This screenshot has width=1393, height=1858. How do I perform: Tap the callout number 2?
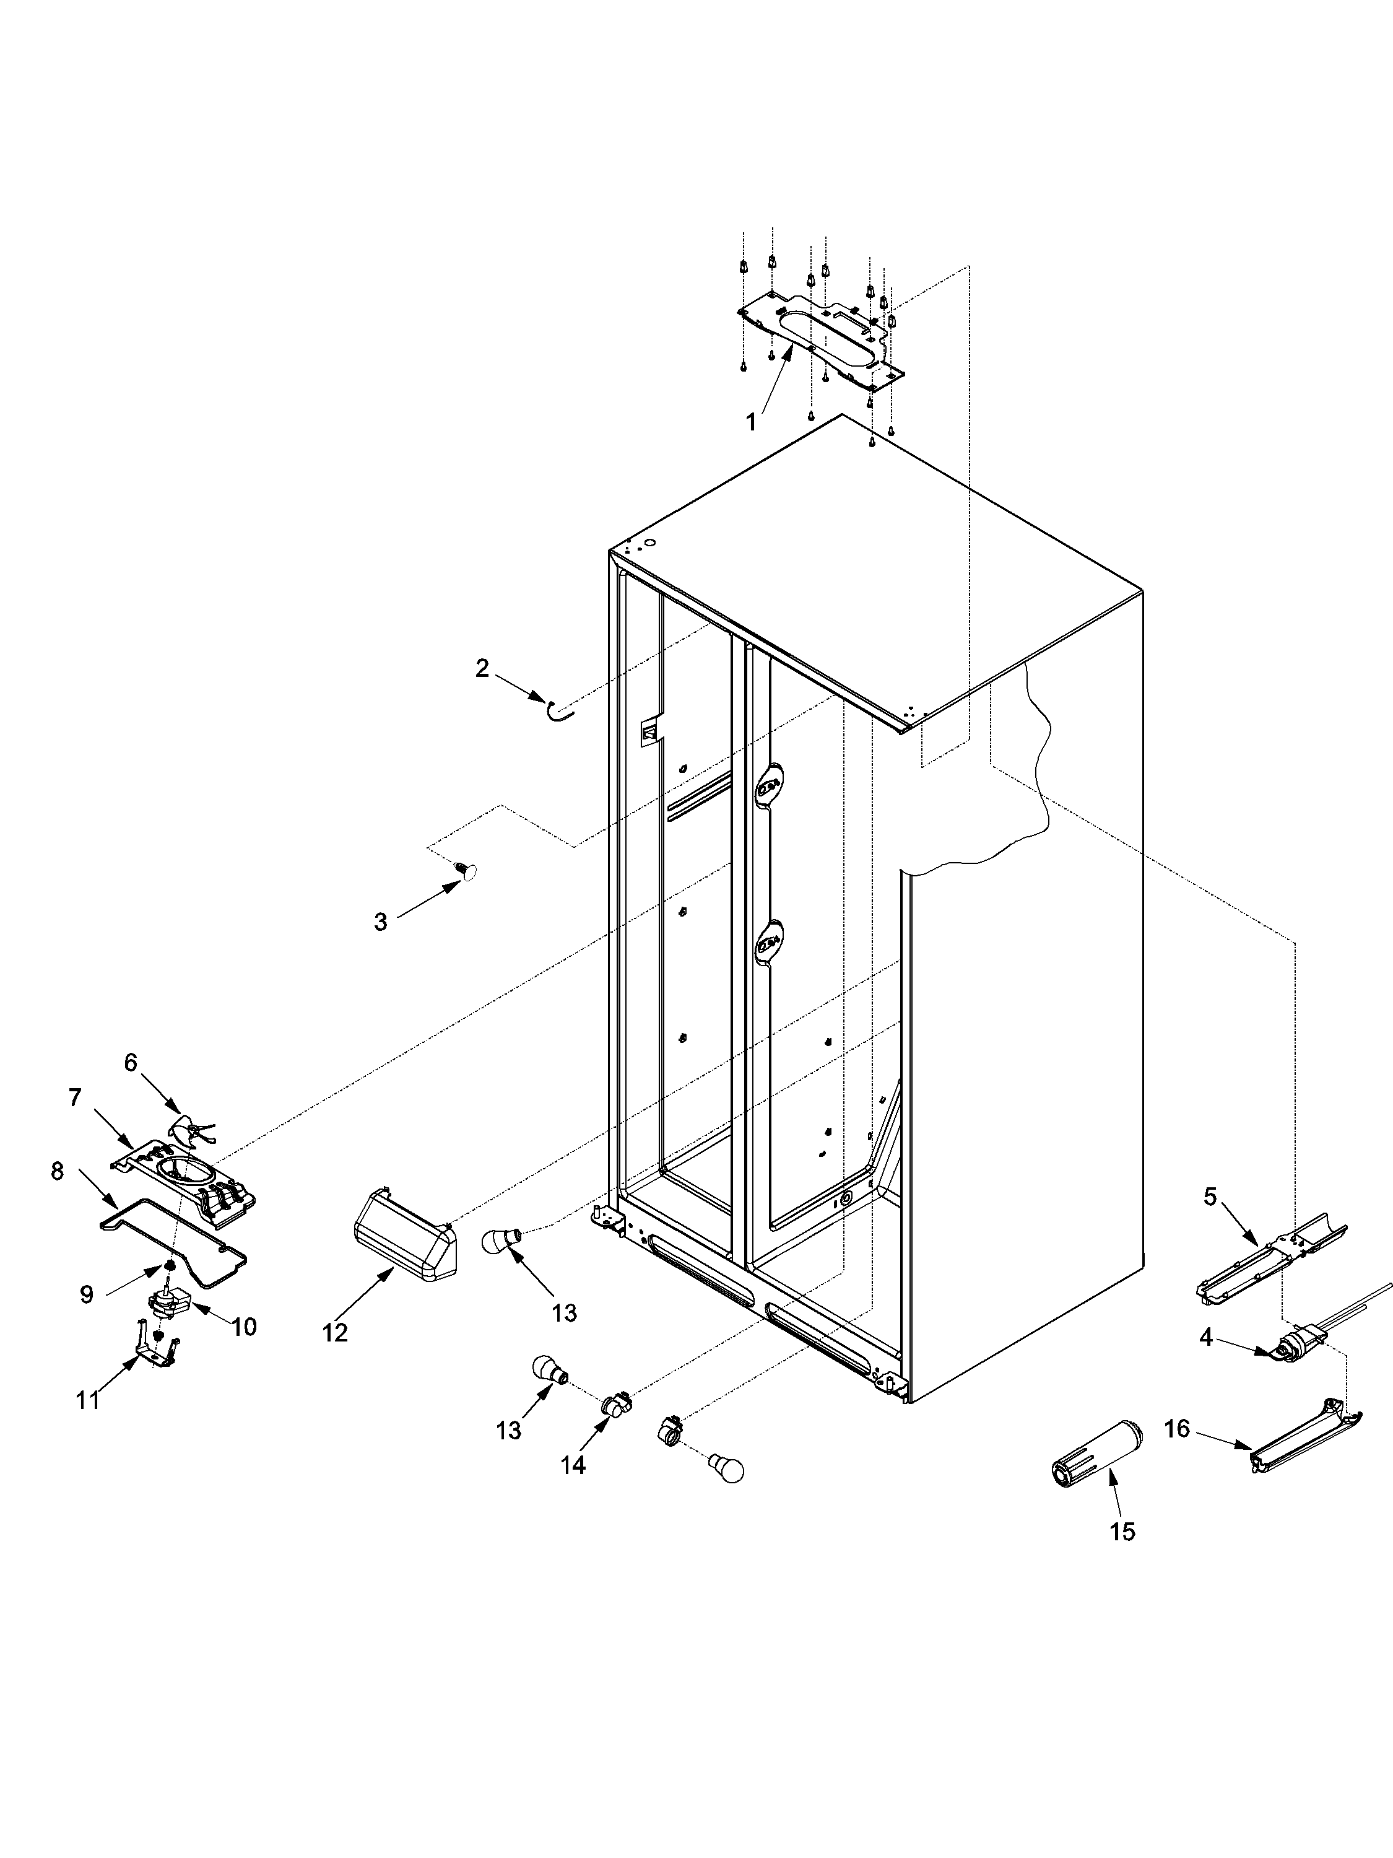(482, 669)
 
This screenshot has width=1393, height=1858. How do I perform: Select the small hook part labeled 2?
(559, 710)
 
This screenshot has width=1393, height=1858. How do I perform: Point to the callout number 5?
(1209, 1197)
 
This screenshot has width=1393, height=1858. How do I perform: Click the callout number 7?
(75, 1098)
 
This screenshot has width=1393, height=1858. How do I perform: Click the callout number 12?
(335, 1333)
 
